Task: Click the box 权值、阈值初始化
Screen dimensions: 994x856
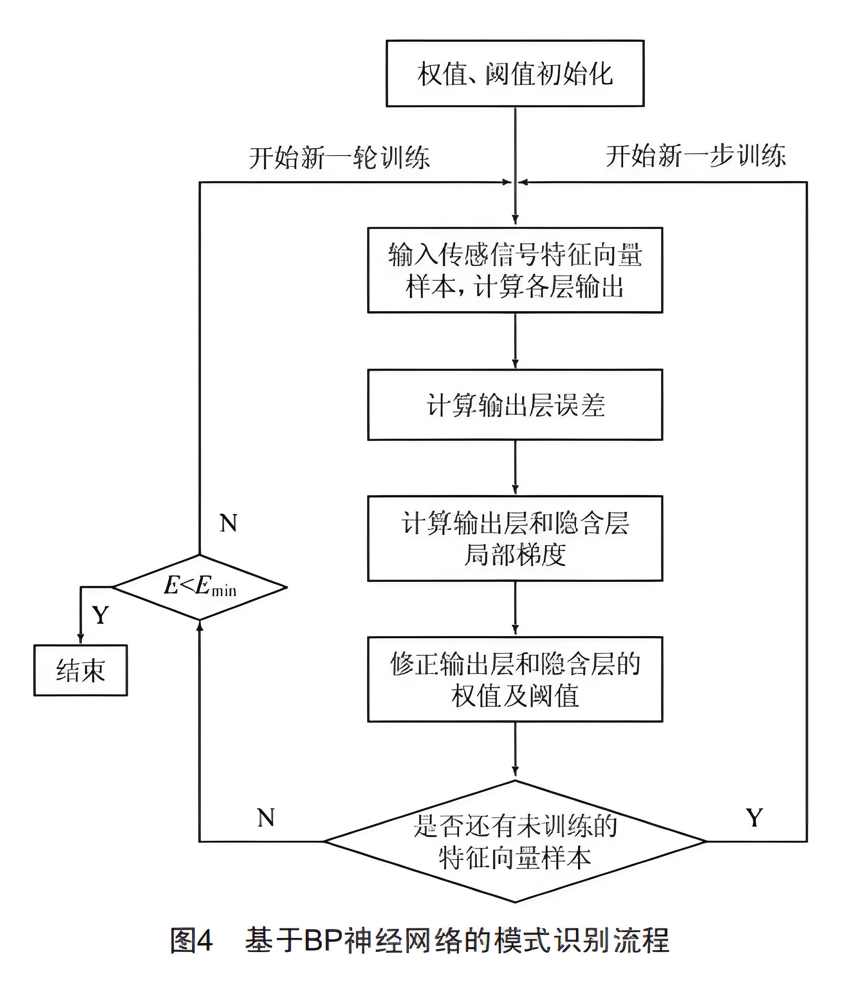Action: point(515,74)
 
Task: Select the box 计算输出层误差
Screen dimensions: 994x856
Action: point(515,405)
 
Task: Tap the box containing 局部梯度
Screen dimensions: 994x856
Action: point(515,538)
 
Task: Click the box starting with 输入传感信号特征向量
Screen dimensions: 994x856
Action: point(515,270)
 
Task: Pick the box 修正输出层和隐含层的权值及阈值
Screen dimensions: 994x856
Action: point(515,679)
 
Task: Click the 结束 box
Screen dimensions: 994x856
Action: point(80,670)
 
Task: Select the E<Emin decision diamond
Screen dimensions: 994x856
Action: point(200,587)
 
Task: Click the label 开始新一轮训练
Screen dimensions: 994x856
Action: point(339,157)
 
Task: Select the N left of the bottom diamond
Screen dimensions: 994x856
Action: point(266,818)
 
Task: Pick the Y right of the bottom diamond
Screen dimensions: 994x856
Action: point(754,818)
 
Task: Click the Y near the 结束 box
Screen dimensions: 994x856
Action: point(100,615)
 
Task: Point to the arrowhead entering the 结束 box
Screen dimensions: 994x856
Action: point(80,639)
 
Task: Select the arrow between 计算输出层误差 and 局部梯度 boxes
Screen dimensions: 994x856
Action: point(515,468)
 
